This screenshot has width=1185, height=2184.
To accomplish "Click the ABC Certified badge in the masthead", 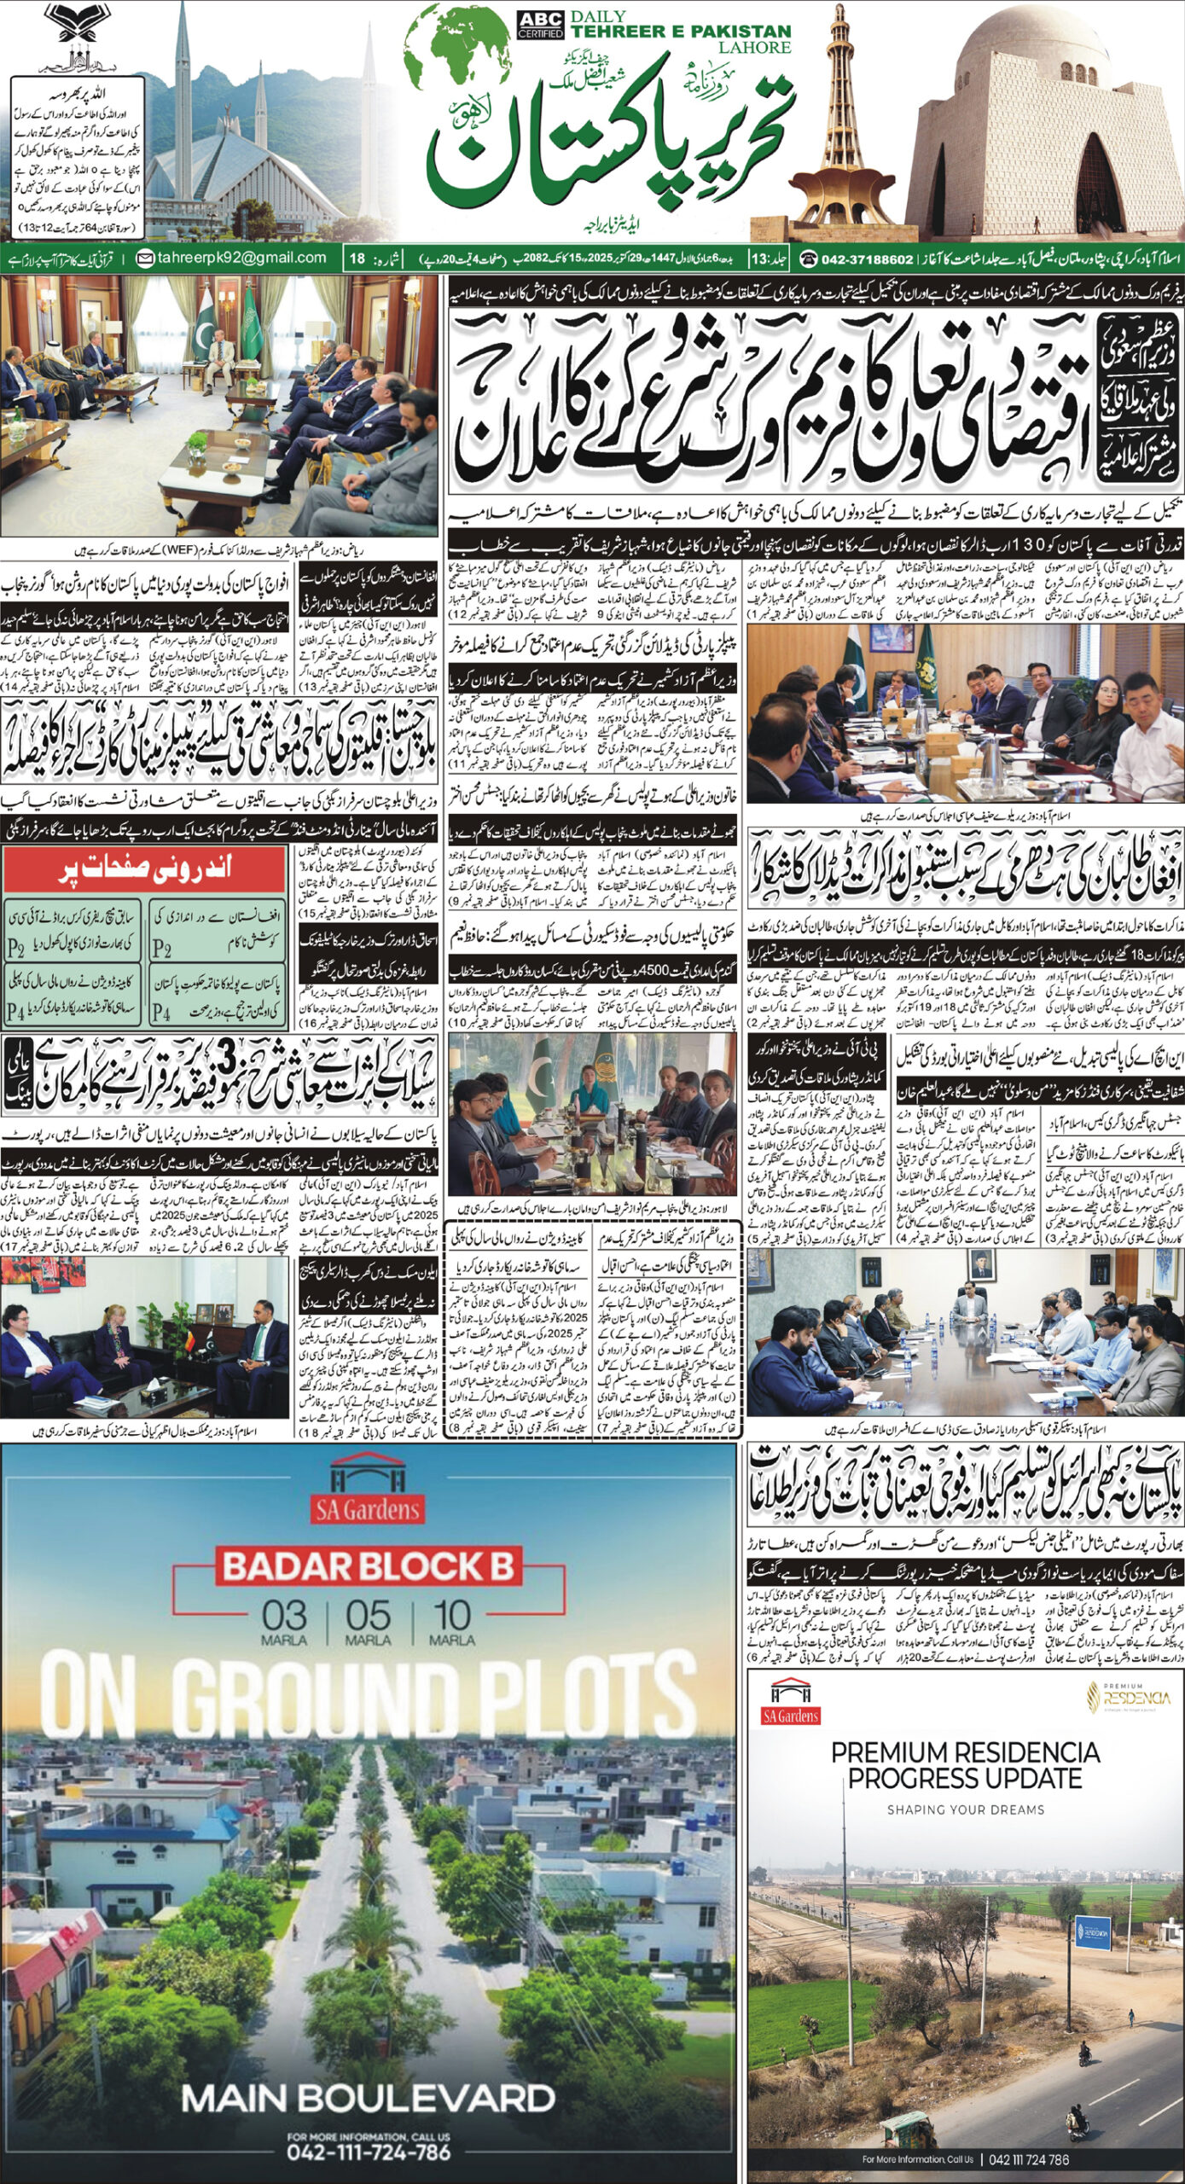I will click(x=540, y=25).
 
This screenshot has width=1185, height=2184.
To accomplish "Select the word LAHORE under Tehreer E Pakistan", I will click(x=753, y=47).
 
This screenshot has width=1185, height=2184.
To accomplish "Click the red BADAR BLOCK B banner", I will click(x=368, y=1567).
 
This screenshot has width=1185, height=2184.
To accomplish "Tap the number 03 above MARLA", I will click(x=284, y=1616).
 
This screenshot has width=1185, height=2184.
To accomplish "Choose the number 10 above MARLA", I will click(x=451, y=1616).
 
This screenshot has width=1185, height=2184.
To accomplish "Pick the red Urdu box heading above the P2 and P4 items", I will click(x=143, y=872).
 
